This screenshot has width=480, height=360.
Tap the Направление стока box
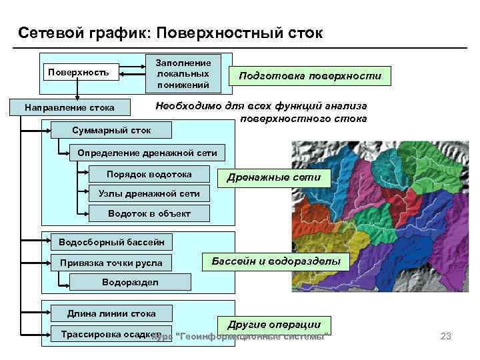(x=69, y=107)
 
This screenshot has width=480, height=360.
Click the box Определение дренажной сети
(x=147, y=153)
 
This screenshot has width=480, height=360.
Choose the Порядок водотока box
(x=149, y=175)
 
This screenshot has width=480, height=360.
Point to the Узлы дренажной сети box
(x=149, y=194)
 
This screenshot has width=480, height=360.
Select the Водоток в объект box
(x=149, y=214)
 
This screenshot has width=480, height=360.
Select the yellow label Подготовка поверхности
(x=311, y=76)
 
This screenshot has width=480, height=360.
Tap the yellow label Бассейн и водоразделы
(x=275, y=261)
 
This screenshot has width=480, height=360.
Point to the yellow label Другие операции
(x=273, y=324)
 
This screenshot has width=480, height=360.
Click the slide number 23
(x=446, y=337)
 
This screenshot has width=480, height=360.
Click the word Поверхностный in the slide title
(x=214, y=33)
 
